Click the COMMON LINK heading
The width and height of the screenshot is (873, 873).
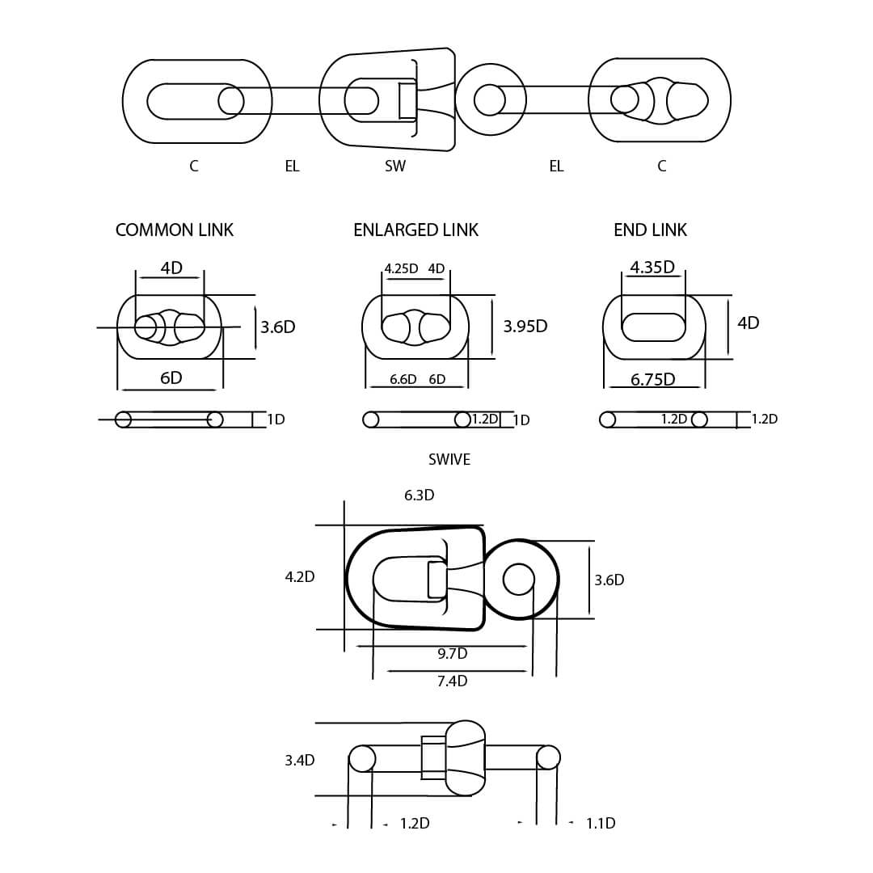pyautogui.click(x=175, y=230)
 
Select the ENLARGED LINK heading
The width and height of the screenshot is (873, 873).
pyautogui.click(x=416, y=230)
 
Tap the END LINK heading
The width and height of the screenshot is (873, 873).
pyautogui.click(x=650, y=230)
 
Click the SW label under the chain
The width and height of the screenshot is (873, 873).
pyautogui.click(x=395, y=166)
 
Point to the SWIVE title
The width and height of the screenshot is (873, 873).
pyautogui.click(x=449, y=459)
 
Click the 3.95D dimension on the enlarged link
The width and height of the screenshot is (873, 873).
pyautogui.click(x=525, y=327)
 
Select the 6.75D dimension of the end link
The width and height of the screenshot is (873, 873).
pyautogui.click(x=652, y=379)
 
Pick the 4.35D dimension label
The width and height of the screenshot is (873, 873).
pyautogui.click(x=652, y=268)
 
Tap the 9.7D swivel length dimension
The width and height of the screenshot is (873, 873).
pyautogui.click(x=452, y=653)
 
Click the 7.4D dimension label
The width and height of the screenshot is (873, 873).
pyautogui.click(x=452, y=681)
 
